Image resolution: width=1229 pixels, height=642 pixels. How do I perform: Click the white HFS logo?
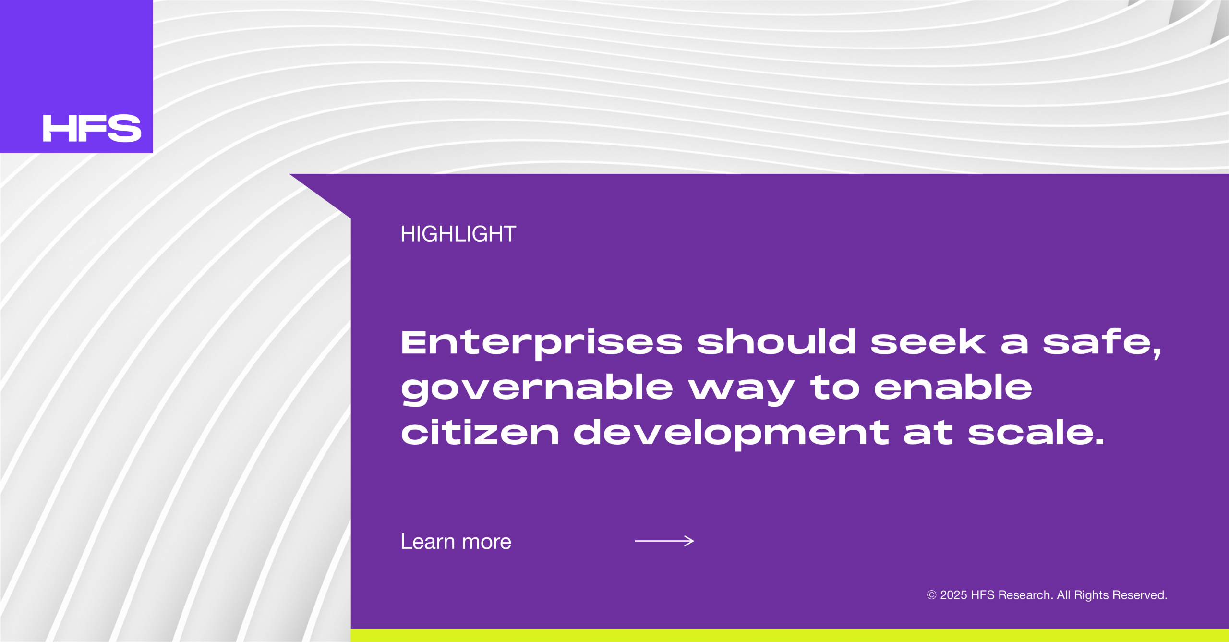(x=92, y=128)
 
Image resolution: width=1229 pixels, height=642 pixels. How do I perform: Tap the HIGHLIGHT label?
(x=458, y=234)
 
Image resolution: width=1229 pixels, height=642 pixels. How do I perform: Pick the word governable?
(x=537, y=388)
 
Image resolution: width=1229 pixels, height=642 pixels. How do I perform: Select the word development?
(x=731, y=434)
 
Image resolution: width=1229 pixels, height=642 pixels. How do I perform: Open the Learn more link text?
(x=456, y=542)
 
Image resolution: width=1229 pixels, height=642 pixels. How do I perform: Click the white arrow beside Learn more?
(x=664, y=541)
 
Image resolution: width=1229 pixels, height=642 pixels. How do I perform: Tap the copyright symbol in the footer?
(x=931, y=595)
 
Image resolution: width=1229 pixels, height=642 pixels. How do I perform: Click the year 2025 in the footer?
(x=953, y=595)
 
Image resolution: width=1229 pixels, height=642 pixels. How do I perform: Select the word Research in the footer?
(x=1025, y=595)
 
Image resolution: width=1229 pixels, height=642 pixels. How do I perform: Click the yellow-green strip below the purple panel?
(x=790, y=635)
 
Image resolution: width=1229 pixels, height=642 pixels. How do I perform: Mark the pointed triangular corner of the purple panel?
(x=290, y=174)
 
